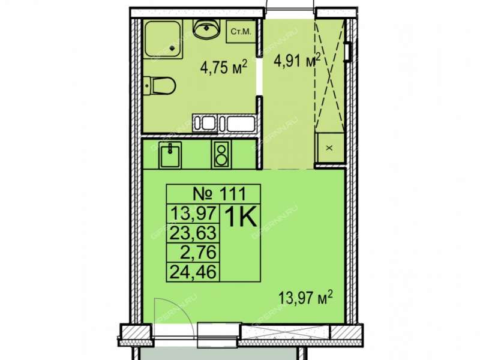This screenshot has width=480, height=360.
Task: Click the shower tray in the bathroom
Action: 163,39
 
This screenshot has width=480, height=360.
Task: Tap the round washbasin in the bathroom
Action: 206,29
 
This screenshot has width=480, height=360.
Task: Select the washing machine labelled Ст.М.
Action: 241,32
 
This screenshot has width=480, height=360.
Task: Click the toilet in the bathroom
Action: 159,86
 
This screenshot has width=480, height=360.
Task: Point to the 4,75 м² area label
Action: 223,67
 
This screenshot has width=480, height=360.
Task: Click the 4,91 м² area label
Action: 297,61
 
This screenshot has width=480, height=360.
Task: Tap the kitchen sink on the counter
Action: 170,155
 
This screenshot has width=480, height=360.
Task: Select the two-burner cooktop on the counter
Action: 221,155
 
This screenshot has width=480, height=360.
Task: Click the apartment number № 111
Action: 220,193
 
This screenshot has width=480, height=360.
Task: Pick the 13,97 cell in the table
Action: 193,214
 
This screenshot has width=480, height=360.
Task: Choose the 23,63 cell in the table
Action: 193,233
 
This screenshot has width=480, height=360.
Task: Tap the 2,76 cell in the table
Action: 193,253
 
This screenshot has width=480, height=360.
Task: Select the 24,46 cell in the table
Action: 193,272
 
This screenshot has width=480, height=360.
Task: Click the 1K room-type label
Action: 241,217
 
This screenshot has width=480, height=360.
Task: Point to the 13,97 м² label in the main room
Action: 305,298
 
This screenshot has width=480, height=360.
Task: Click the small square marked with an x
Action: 329,148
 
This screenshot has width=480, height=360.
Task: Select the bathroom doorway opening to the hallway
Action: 260,77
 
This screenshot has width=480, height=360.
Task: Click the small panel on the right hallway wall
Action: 347,52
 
